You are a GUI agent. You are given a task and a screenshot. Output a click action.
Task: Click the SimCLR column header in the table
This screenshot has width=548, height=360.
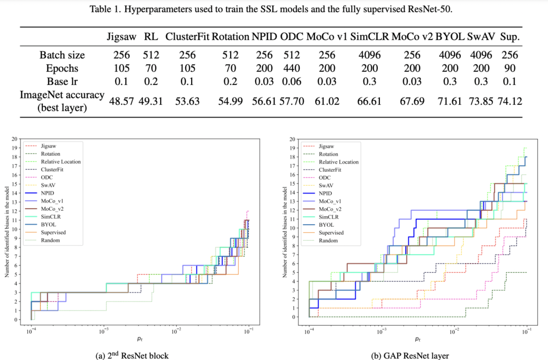click(369, 37)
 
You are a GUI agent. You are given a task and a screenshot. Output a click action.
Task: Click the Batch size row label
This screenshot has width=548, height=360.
click(62, 55)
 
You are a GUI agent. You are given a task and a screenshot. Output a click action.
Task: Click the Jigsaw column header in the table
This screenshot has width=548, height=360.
click(122, 37)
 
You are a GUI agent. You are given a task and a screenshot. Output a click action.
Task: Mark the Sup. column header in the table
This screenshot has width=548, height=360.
click(509, 37)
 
